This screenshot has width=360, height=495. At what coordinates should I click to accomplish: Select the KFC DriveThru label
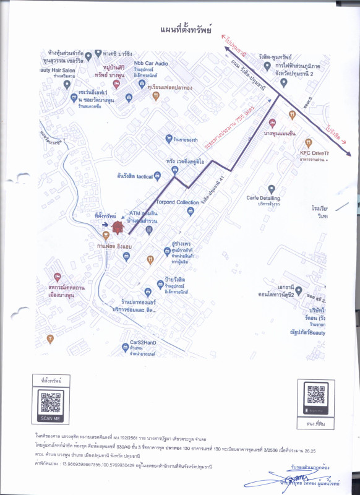(x=314, y=153)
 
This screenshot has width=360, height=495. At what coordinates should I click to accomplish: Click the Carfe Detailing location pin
(x=270, y=189)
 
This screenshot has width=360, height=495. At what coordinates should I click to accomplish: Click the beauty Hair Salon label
(x=58, y=70)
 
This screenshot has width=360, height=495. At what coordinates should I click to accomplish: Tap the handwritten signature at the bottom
(x=291, y=480)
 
